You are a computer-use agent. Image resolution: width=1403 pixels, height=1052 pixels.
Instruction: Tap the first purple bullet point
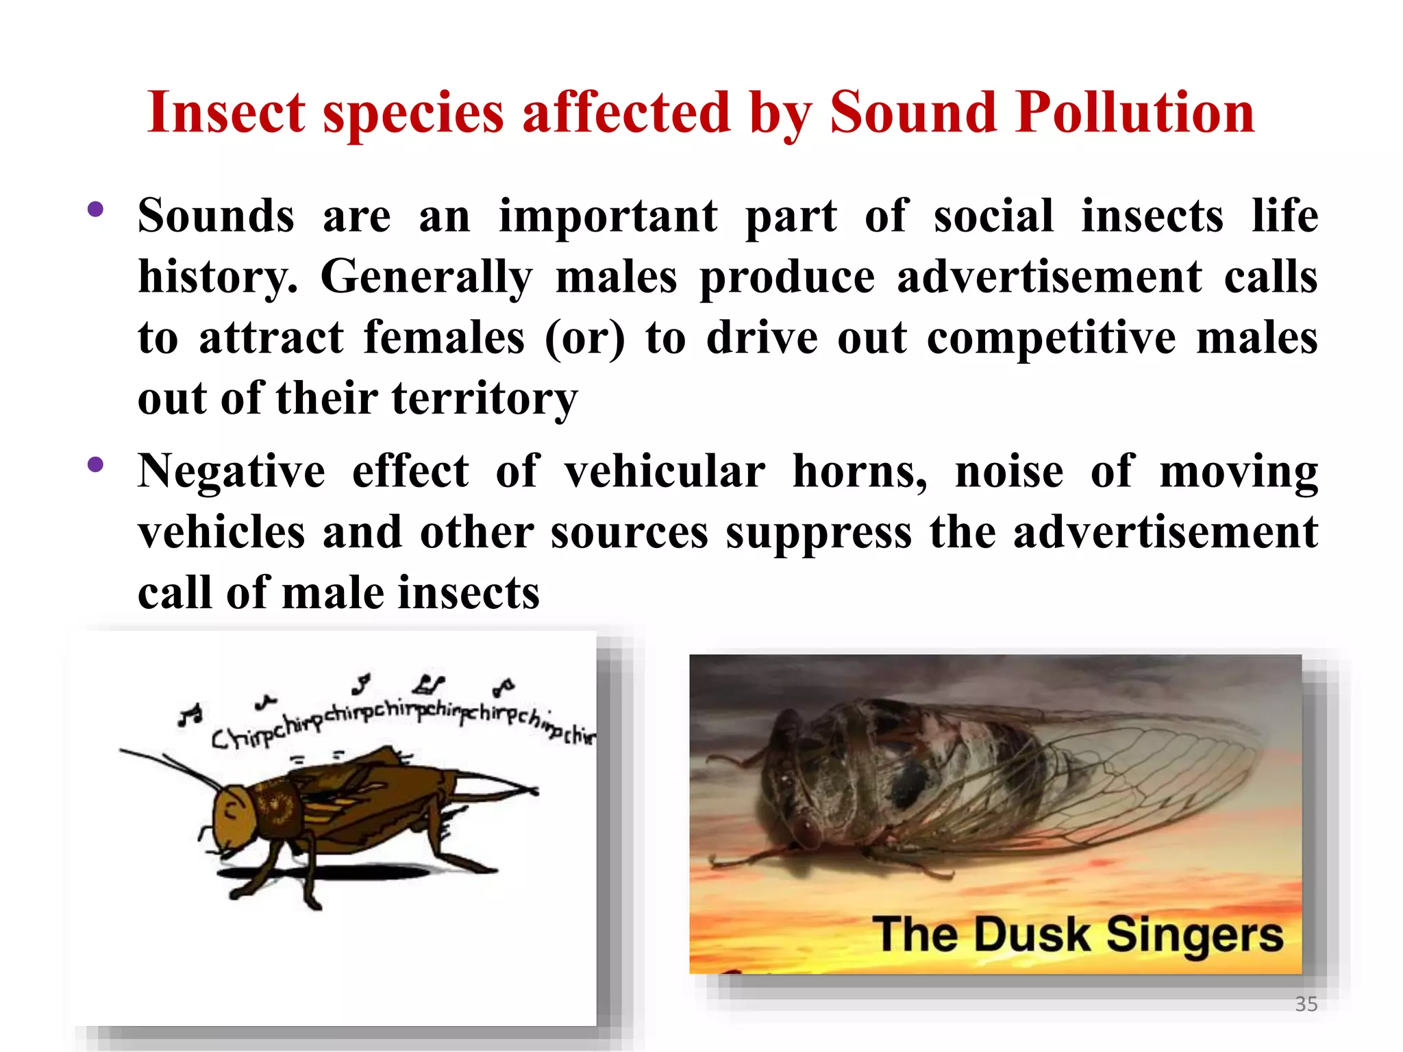click(x=95, y=209)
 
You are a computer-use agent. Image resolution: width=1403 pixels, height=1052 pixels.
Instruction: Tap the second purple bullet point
click(x=95, y=465)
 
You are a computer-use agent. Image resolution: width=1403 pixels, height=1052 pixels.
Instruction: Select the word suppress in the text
click(x=819, y=532)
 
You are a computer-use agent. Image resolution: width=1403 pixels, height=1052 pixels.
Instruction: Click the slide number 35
click(x=1306, y=1004)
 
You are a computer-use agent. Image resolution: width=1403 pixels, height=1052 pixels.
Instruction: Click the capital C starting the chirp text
click(x=221, y=740)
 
